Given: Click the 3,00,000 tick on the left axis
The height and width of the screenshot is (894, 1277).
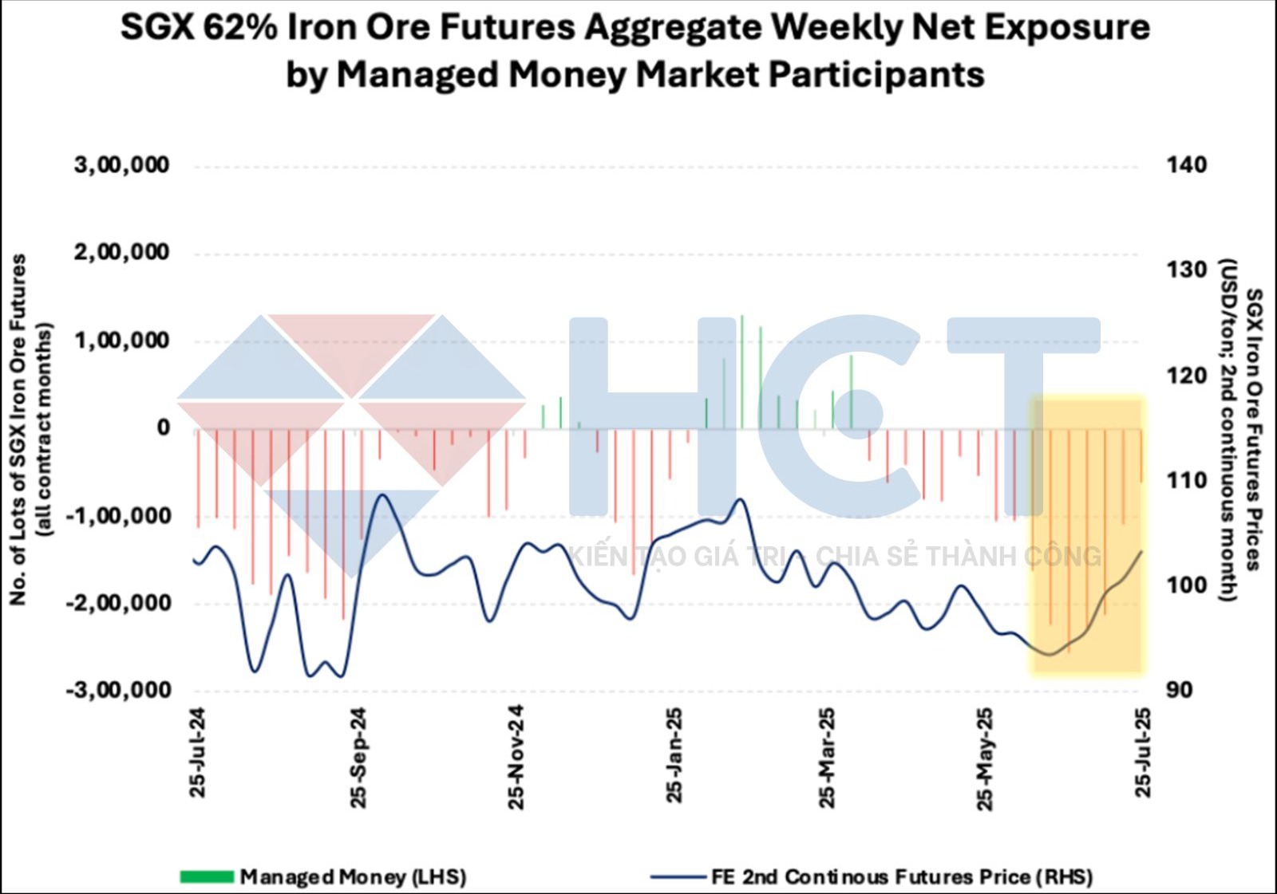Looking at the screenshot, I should [121, 165].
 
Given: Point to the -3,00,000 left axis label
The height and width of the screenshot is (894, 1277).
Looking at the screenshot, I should [118, 690].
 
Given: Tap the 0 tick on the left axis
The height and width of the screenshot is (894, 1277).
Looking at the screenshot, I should [163, 427].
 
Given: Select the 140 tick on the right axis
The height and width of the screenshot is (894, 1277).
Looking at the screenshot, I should [1187, 165].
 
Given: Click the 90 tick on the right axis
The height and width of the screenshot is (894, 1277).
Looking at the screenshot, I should [1179, 690].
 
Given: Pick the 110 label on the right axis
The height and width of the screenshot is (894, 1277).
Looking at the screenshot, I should [1187, 480].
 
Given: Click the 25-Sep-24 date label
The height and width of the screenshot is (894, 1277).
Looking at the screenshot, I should [358, 757].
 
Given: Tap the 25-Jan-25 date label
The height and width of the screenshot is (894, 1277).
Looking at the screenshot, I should [674, 754].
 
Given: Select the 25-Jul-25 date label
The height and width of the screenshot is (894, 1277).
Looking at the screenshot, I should [1144, 752].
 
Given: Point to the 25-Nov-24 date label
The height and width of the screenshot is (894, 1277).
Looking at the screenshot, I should [516, 757].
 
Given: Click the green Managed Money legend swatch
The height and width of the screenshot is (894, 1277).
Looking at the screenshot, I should [207, 877].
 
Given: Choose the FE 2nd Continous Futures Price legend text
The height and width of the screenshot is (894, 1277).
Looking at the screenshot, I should [902, 877].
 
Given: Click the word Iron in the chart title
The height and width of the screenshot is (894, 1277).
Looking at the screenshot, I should [322, 28].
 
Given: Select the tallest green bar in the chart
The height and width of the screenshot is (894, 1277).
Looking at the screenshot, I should [741, 372].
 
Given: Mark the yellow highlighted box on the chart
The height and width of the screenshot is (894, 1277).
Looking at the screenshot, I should [1087, 534].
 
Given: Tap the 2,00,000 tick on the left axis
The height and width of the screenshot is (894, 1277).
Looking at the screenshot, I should [121, 253].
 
